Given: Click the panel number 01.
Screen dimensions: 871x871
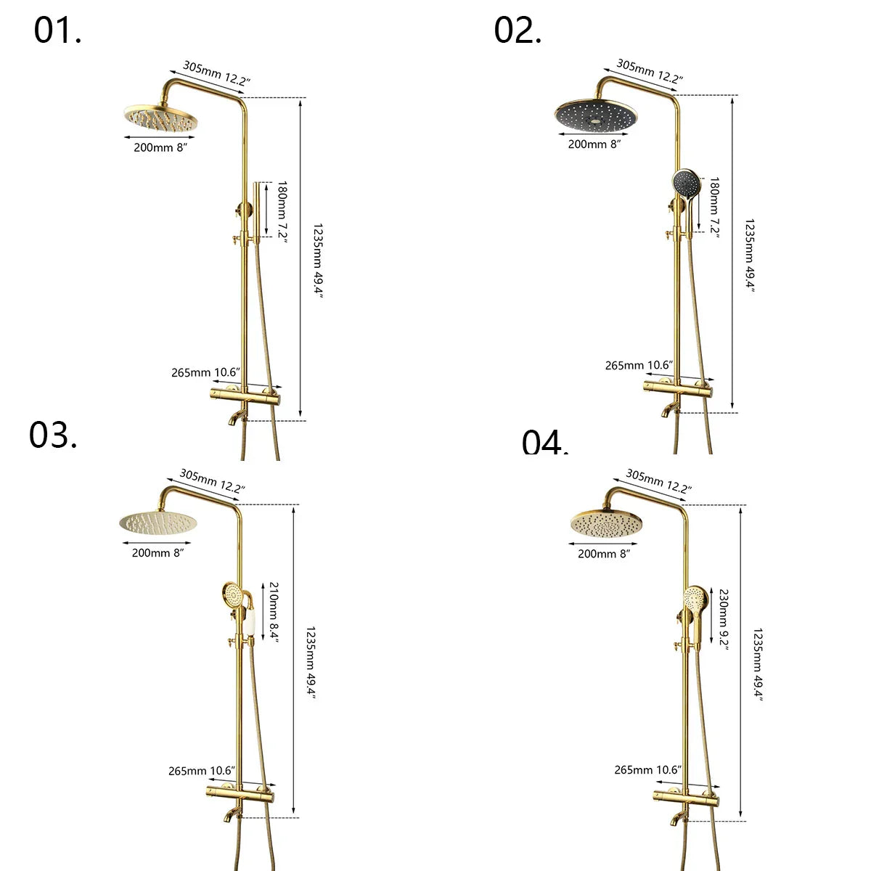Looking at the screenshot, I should click(57, 31).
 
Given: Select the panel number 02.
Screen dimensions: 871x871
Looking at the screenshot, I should click(518, 31).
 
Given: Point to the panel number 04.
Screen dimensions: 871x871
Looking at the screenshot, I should click(544, 443).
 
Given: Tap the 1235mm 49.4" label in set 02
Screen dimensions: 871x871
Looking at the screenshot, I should click(749, 254).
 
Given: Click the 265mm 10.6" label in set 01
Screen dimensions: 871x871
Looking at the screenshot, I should click(205, 372).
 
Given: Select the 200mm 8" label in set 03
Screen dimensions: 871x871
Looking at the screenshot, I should click(158, 553).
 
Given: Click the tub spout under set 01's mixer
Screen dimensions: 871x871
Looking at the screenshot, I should click(236, 417).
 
